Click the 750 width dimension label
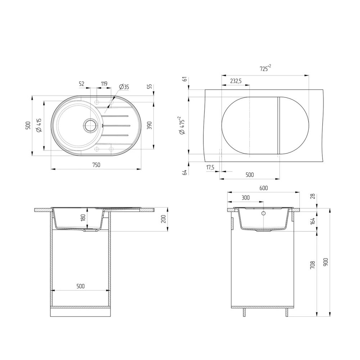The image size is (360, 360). click(96, 165)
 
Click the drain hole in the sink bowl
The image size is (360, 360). click(90, 125)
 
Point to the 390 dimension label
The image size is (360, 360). click(149, 125)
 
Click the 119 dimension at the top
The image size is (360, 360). click(104, 84)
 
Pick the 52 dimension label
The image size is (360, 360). click(82, 84)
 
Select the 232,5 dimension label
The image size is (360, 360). click(235, 81)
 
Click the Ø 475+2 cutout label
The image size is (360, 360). click(181, 125)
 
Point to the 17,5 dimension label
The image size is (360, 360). click(210, 167)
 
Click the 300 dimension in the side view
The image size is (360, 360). click(246, 198)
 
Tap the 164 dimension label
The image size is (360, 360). click(312, 220)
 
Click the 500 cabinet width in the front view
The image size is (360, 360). click(80, 286)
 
